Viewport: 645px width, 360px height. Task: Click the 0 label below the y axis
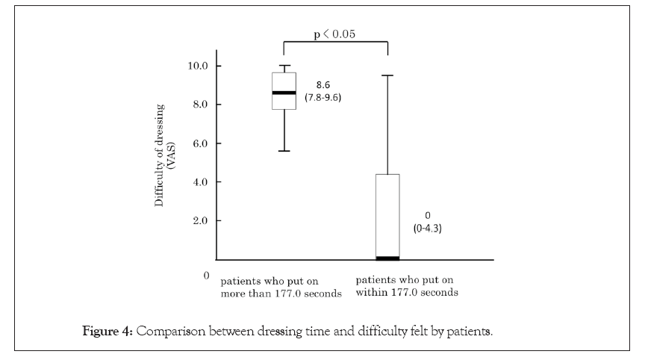click(206, 276)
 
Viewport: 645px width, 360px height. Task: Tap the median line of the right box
click(387, 258)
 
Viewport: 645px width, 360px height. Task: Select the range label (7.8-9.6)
click(322, 98)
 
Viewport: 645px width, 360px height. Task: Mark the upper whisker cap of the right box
click(387, 75)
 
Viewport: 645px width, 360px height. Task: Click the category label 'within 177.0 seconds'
click(407, 293)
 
